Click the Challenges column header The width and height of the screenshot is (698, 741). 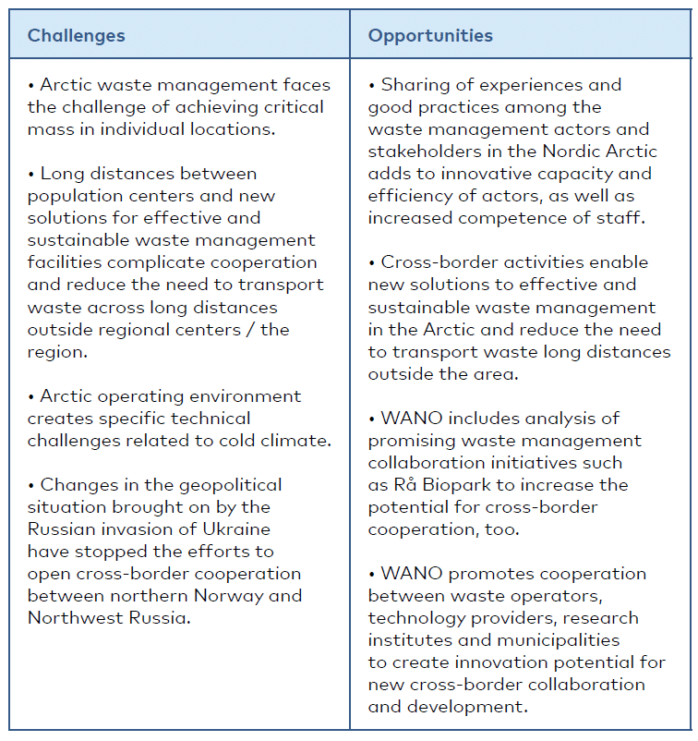[76, 36]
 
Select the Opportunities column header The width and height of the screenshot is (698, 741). [430, 36]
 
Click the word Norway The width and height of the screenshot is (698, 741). [261, 596]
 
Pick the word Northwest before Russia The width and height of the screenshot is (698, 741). [73, 618]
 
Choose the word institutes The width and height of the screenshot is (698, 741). [406, 640]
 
